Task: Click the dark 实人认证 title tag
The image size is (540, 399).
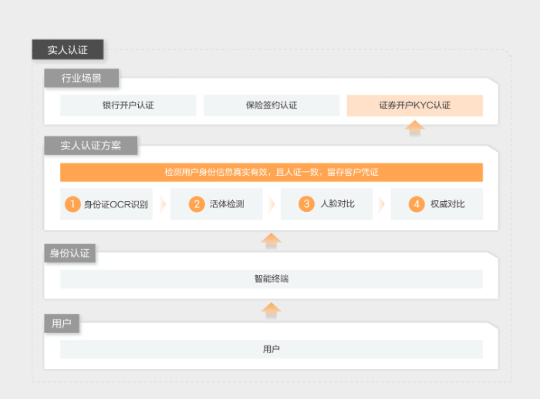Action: tap(68, 49)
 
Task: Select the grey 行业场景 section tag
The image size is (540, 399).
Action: tap(82, 78)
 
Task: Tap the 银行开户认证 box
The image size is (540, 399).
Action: tap(128, 106)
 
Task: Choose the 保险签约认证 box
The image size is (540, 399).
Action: tap(272, 106)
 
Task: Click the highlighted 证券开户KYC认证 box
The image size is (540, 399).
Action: tap(415, 106)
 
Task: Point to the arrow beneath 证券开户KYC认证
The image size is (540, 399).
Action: tap(415, 129)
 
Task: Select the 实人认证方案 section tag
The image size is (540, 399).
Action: tap(91, 146)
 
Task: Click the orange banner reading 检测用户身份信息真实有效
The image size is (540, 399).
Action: tap(272, 172)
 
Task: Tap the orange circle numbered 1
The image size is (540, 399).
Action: tap(73, 204)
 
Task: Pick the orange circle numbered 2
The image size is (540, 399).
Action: tap(197, 204)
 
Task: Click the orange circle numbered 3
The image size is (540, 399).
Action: tap(306, 204)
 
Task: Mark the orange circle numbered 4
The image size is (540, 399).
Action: tap(417, 204)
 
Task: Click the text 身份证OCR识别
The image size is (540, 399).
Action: tap(116, 204)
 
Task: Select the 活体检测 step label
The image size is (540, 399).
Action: tap(227, 204)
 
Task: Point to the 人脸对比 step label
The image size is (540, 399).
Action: tap(338, 204)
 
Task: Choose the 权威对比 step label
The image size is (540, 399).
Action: tap(447, 204)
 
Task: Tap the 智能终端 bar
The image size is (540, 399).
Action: tap(272, 279)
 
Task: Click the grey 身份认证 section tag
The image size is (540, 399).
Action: tap(70, 253)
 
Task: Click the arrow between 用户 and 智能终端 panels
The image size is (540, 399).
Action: tap(271, 310)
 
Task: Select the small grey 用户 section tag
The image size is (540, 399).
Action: tap(62, 324)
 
